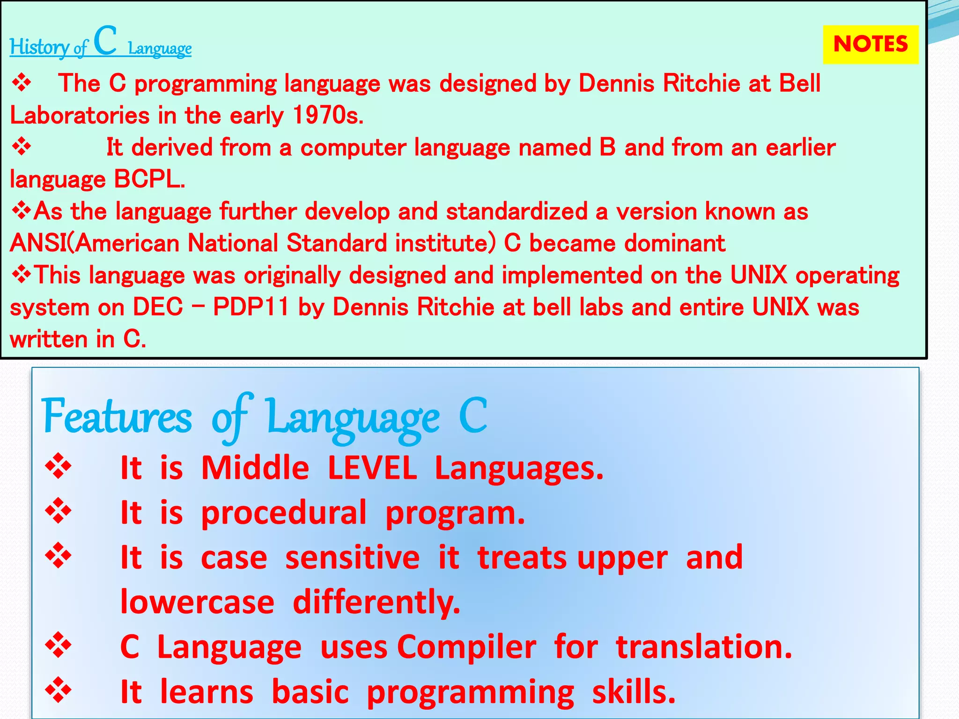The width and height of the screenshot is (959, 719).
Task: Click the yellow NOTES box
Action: tap(870, 44)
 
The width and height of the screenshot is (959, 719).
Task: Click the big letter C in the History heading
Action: tap(105, 41)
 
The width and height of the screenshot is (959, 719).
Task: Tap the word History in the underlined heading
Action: tap(39, 47)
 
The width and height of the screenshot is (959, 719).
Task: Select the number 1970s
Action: tap(327, 115)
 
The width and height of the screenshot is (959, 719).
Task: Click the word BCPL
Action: tap(149, 179)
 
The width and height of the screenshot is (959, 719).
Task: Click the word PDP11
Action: tap(251, 308)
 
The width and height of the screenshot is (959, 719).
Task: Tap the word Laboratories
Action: tap(80, 115)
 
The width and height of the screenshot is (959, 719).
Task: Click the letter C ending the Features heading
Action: tap(472, 415)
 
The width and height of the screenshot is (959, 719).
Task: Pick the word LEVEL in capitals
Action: tap(372, 468)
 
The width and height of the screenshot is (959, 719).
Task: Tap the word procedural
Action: tap(284, 513)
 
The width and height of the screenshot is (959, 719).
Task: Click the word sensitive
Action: tap(352, 558)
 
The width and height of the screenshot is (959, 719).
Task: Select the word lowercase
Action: tap(197, 602)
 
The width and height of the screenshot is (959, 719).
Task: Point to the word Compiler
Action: tap(466, 647)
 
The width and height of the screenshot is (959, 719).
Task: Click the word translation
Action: tap(703, 647)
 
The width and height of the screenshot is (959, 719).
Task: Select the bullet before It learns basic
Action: tap(59, 690)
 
